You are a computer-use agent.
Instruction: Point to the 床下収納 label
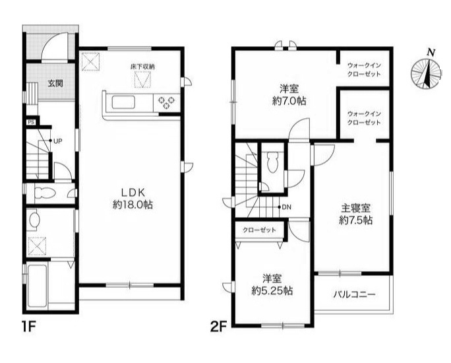141,67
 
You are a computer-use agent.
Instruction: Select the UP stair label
57,141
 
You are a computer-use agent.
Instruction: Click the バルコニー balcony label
354,293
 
